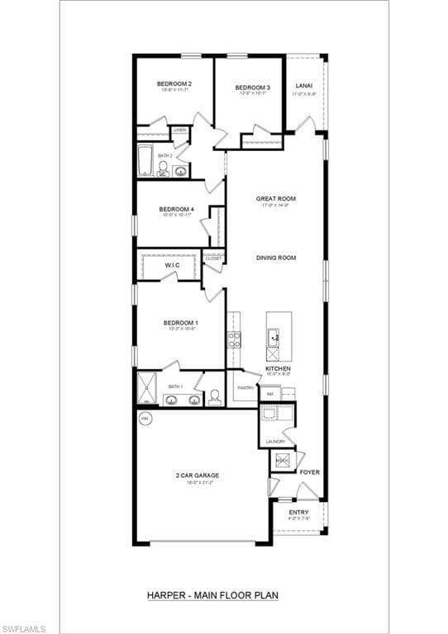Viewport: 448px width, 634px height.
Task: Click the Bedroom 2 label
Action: click(174, 83)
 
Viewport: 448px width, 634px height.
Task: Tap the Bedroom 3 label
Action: click(252, 88)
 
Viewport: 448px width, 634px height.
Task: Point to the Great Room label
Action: click(275, 199)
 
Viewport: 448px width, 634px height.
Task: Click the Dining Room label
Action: click(275, 258)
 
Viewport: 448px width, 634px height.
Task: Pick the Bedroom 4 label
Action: click(176, 210)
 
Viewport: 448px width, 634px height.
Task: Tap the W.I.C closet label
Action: click(172, 265)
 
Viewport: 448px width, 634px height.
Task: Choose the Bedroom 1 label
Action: click(179, 323)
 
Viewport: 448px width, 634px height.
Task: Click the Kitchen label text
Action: click(278, 368)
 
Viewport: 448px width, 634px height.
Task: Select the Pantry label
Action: click(245, 387)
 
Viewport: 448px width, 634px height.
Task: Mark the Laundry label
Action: click(275, 441)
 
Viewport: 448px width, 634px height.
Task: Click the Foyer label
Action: click(309, 472)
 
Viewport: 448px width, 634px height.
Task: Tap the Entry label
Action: click(298, 513)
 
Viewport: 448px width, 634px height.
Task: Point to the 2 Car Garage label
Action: click(194, 475)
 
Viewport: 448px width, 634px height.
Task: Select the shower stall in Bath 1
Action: click(147, 387)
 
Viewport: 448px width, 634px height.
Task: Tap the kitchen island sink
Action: click(274, 335)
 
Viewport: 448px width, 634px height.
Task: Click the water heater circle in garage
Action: click(145, 419)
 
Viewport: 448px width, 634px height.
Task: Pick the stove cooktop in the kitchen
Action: click(234, 338)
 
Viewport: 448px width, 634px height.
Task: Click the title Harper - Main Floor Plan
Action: click(212, 594)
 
